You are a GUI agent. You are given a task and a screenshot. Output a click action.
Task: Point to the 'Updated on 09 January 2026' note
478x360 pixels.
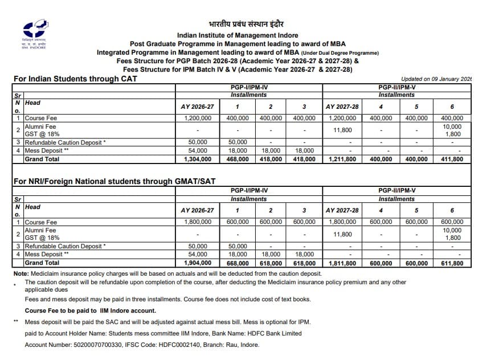coord(436,79)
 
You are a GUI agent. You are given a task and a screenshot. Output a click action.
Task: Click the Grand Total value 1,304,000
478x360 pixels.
coord(198,159)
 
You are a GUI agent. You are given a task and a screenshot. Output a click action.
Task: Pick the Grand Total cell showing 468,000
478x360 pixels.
coord(238,159)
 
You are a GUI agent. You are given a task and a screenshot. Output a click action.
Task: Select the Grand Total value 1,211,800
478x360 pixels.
coord(342,159)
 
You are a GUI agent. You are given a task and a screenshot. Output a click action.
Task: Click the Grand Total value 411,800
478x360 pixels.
coord(452,159)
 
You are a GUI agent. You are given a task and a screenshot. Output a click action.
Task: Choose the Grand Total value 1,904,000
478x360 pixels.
coord(198,263)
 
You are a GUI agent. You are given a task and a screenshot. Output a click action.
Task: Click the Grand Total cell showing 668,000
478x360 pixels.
coord(238,263)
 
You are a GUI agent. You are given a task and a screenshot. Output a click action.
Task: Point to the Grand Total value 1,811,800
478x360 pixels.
coord(342,263)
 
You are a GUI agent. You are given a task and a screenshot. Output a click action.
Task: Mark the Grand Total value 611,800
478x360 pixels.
coord(452,263)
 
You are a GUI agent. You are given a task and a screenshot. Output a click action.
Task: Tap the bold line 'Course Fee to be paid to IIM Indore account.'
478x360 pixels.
coord(90,310)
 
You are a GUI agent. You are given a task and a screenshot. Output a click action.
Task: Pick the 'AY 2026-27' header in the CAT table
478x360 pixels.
coord(197,107)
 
